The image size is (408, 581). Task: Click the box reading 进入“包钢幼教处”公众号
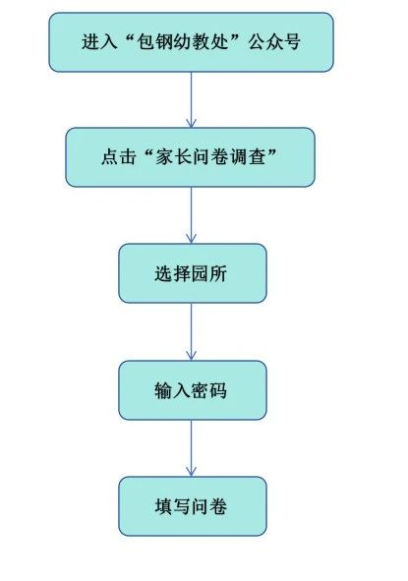191,42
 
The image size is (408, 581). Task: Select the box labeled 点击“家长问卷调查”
191,157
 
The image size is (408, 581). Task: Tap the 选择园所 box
193,273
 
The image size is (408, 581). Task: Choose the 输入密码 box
193,390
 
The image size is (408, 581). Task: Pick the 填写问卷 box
193,506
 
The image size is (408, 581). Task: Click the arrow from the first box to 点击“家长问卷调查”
191,99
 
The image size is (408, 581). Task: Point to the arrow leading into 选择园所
191,215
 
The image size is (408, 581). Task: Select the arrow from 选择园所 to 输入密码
191,331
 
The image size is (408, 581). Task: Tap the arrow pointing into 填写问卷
191,448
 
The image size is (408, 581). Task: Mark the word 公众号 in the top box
274,41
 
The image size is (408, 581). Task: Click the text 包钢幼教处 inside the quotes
183,41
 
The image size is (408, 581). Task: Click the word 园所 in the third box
209,273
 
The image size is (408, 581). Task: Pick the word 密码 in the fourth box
209,390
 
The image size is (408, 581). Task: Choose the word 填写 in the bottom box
173,506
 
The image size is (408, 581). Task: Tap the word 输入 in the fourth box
173,390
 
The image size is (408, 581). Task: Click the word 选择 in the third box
173,273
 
